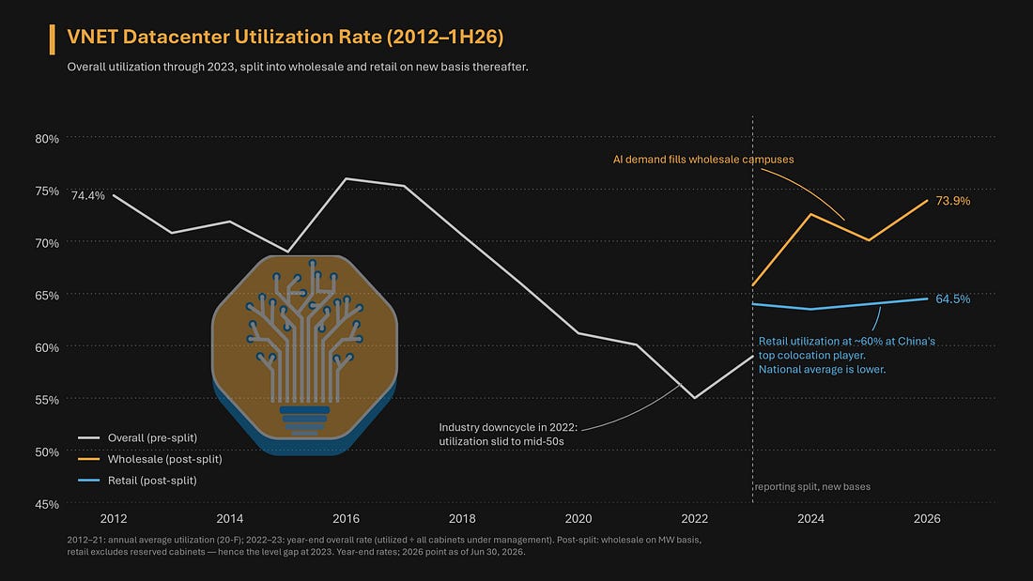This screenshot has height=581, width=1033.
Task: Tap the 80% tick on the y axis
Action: (x=47, y=139)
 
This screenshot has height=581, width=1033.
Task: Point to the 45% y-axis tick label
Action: (x=47, y=505)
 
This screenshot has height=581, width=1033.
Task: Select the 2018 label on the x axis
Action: (x=462, y=519)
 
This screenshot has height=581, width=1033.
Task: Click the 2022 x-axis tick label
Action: (x=694, y=519)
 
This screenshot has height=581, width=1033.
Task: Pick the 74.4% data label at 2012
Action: (x=87, y=195)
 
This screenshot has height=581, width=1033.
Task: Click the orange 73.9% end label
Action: (x=952, y=201)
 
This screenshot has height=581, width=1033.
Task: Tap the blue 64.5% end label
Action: (x=952, y=299)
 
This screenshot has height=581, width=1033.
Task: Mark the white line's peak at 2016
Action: (x=346, y=178)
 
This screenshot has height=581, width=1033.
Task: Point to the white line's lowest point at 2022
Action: (x=694, y=398)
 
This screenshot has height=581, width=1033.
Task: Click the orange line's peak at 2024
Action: (x=810, y=214)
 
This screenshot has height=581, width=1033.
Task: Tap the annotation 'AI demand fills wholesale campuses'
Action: (x=703, y=160)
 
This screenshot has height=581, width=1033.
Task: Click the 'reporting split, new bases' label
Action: (x=812, y=487)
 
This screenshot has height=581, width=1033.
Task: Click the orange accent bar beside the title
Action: (x=52, y=39)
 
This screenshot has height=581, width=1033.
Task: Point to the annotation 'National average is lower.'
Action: (x=822, y=370)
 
